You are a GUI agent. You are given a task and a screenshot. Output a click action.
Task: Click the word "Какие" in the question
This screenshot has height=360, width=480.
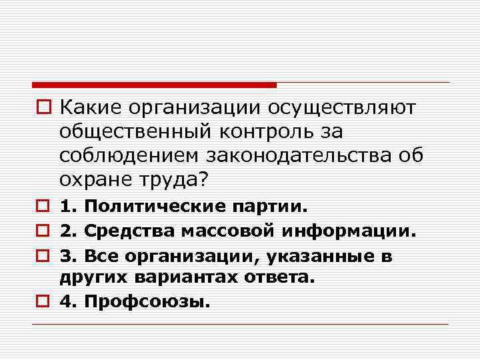(x=89, y=107)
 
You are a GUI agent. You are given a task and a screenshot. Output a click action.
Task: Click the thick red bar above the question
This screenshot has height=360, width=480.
(x=154, y=85)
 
